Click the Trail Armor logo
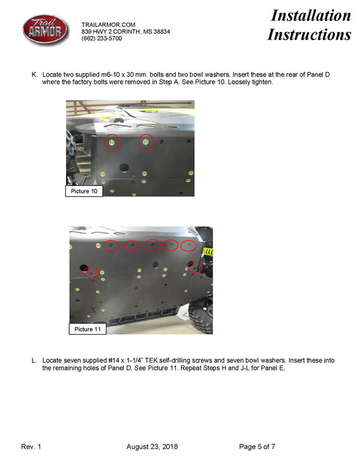coord(45,30)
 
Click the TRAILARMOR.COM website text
coord(109,24)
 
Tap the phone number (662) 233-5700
coord(102,38)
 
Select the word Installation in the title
coord(311,16)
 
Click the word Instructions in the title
coord(309,34)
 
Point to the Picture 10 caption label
coord(84,191)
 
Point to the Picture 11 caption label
coord(88,329)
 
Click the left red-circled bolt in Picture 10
coord(112,142)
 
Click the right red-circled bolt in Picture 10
coord(146,142)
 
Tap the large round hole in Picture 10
coord(124,167)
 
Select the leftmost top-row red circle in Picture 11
coord(111,246)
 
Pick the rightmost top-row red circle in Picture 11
coord(189,246)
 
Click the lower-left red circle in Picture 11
coord(91,272)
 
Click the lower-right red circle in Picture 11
coord(195,267)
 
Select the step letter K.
coord(34,74)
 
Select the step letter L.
coord(34,360)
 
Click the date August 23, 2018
coord(152,447)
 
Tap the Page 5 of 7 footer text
coord(257,447)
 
